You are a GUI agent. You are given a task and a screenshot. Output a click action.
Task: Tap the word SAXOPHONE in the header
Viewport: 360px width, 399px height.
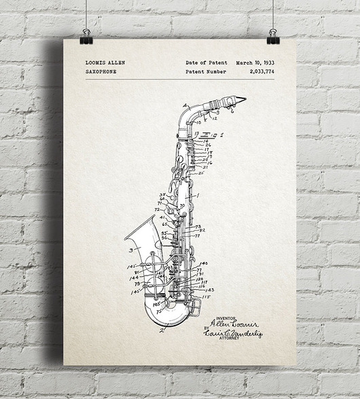(x=101, y=71)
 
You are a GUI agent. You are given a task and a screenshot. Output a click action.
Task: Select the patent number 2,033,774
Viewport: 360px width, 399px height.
(x=262, y=71)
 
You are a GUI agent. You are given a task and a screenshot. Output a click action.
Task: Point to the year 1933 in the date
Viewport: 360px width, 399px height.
(x=268, y=63)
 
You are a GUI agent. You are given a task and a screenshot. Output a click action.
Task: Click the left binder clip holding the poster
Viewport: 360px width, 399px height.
(x=86, y=37)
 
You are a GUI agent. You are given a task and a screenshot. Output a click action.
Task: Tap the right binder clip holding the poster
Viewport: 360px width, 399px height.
(x=273, y=37)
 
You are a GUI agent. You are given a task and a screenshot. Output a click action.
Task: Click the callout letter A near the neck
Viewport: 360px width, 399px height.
(x=185, y=105)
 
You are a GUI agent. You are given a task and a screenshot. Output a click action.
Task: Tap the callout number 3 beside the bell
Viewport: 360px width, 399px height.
(x=130, y=250)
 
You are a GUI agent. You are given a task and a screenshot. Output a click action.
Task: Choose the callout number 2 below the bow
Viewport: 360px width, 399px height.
(x=161, y=331)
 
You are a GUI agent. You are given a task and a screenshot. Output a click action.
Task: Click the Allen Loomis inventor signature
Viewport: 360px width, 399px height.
(x=234, y=324)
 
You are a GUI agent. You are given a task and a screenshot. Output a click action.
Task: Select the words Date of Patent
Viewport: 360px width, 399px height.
(x=206, y=63)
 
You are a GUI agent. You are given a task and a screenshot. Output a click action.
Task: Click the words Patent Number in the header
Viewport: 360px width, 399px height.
(x=206, y=71)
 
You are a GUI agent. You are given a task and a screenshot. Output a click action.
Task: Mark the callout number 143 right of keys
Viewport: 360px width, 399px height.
(x=209, y=290)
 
